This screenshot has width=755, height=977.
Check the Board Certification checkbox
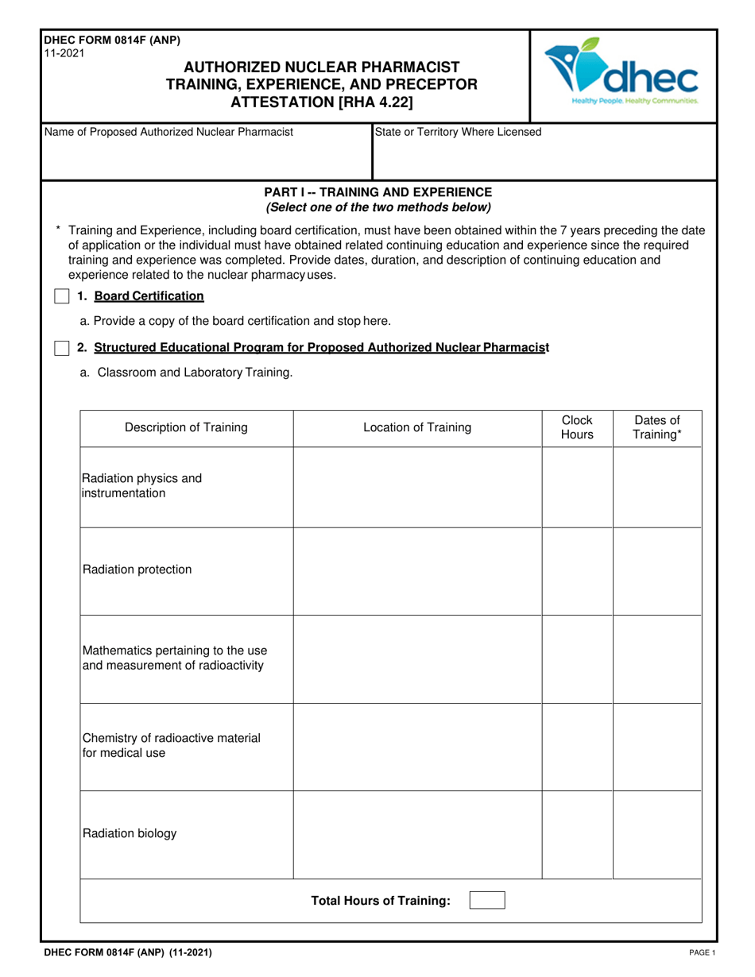tap(61, 296)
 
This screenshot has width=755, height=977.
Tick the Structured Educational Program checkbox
tap(61, 348)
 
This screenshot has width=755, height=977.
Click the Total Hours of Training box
tap(486, 901)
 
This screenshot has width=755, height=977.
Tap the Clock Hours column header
tap(577, 427)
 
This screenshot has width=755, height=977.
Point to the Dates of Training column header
tap(657, 427)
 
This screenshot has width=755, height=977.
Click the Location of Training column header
tap(417, 428)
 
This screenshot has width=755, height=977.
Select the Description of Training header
tap(186, 428)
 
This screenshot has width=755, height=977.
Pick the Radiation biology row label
tap(130, 834)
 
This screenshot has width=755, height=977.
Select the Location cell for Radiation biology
tap(417, 835)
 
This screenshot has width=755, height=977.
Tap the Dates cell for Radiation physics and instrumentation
tap(657, 486)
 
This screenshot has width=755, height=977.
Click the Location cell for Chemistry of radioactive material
tap(417, 746)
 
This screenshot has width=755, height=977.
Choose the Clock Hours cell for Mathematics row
tap(577, 658)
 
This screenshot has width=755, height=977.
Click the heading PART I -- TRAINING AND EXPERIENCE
tap(377, 192)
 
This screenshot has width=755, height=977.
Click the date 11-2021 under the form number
tap(61, 53)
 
